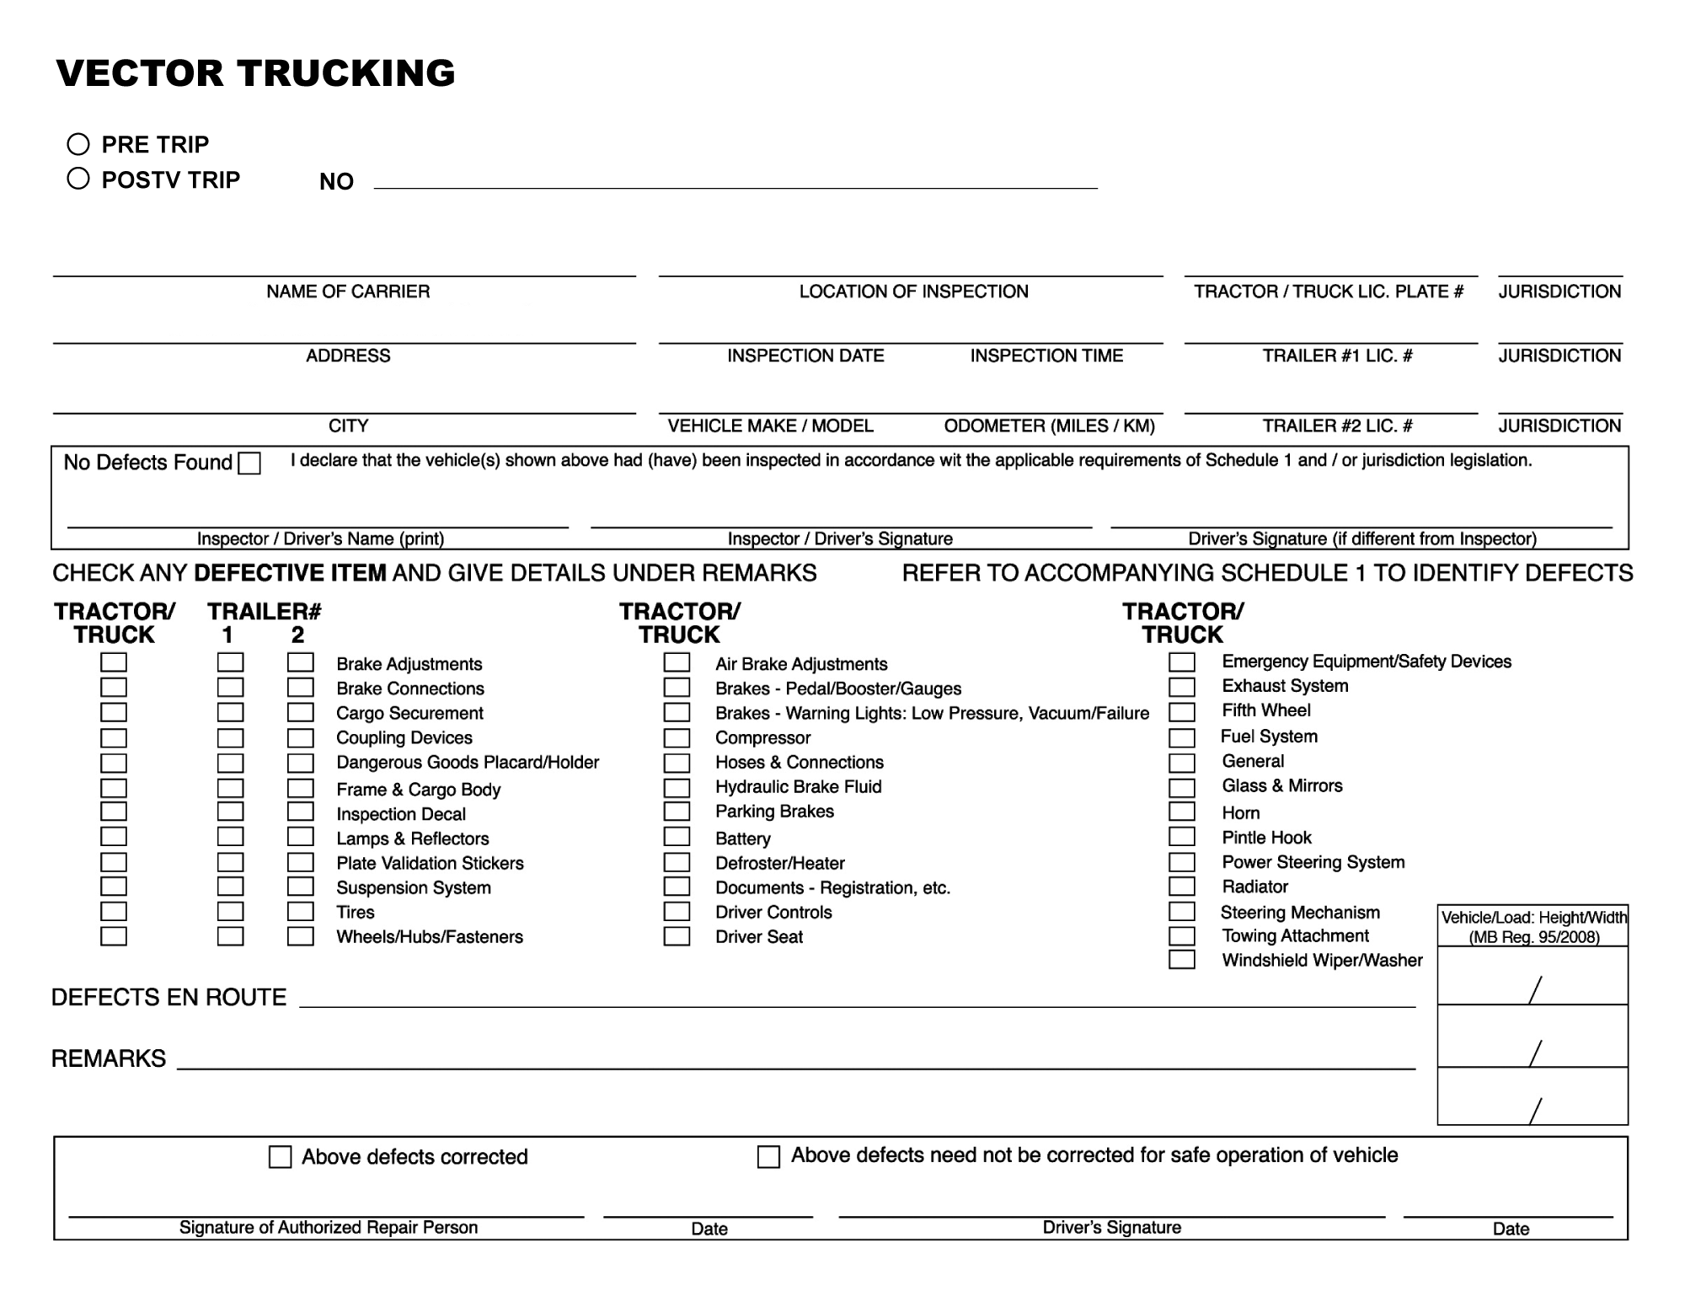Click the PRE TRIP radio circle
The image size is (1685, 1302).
coord(78,144)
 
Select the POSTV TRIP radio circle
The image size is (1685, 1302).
coord(78,179)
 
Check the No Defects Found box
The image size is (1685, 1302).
coord(249,463)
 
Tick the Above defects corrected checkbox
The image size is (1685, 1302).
coord(280,1156)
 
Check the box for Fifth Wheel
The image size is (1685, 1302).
coord(1181,712)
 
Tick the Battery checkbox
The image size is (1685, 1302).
coord(677,837)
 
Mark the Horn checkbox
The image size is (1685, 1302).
coord(1181,812)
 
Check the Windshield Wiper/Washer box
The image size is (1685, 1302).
coord(1181,960)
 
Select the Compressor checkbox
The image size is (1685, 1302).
coord(677,738)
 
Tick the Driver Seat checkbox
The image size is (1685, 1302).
coord(677,936)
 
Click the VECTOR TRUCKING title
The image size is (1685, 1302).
coord(255,73)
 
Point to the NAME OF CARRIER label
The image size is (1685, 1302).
coord(348,292)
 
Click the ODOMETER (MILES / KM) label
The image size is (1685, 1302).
coord(1049,426)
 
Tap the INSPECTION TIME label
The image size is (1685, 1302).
coord(1046,356)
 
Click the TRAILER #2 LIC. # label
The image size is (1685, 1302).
coord(1337,426)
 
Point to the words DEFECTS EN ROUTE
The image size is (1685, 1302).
coord(169,998)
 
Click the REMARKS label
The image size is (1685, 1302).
coord(109,1058)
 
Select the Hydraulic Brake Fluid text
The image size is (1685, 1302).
coord(798,787)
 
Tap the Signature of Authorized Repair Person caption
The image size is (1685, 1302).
coord(328,1227)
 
